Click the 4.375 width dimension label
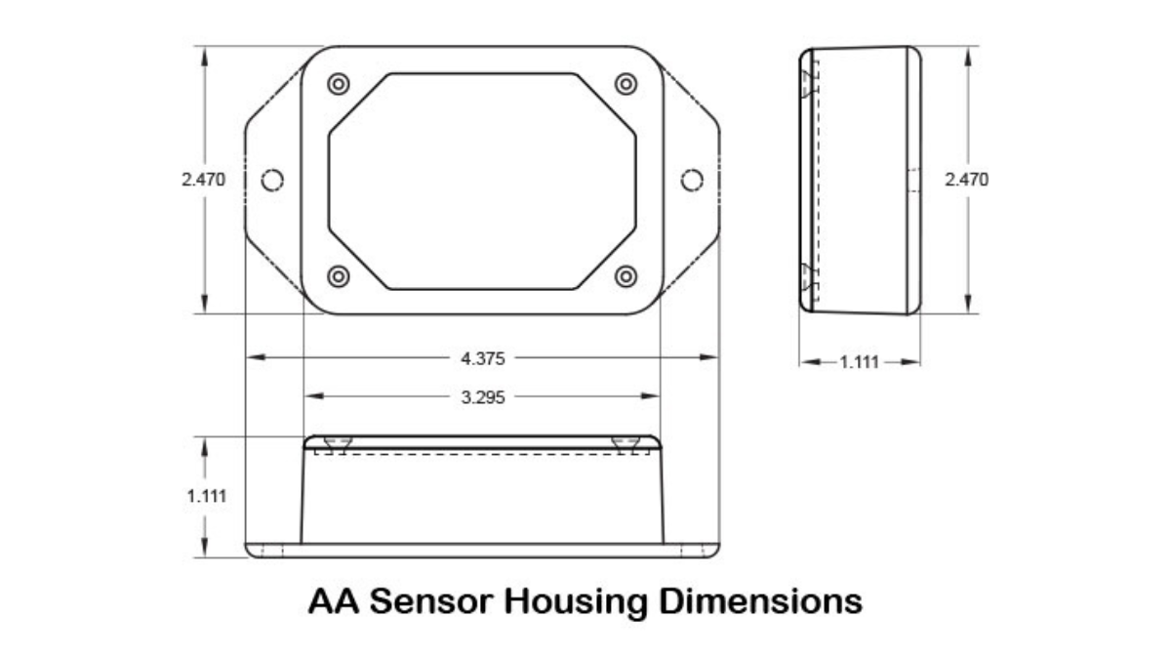[482, 359]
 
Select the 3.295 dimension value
[482, 397]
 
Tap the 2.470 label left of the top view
[203, 180]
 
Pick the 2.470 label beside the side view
[967, 180]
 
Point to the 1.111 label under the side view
[859, 362]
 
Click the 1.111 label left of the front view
[207, 496]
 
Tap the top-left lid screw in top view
[339, 84]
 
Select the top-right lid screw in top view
[626, 84]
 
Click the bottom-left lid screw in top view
[339, 276]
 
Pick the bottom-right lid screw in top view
[626, 276]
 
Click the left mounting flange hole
[272, 180]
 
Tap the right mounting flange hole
[692, 180]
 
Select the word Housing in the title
[575, 602]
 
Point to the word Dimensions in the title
[760, 601]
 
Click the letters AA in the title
[334, 601]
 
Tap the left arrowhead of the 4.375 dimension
[256, 357]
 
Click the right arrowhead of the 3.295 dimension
[650, 396]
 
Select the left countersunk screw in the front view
[338, 444]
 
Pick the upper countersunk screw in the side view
[809, 85]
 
